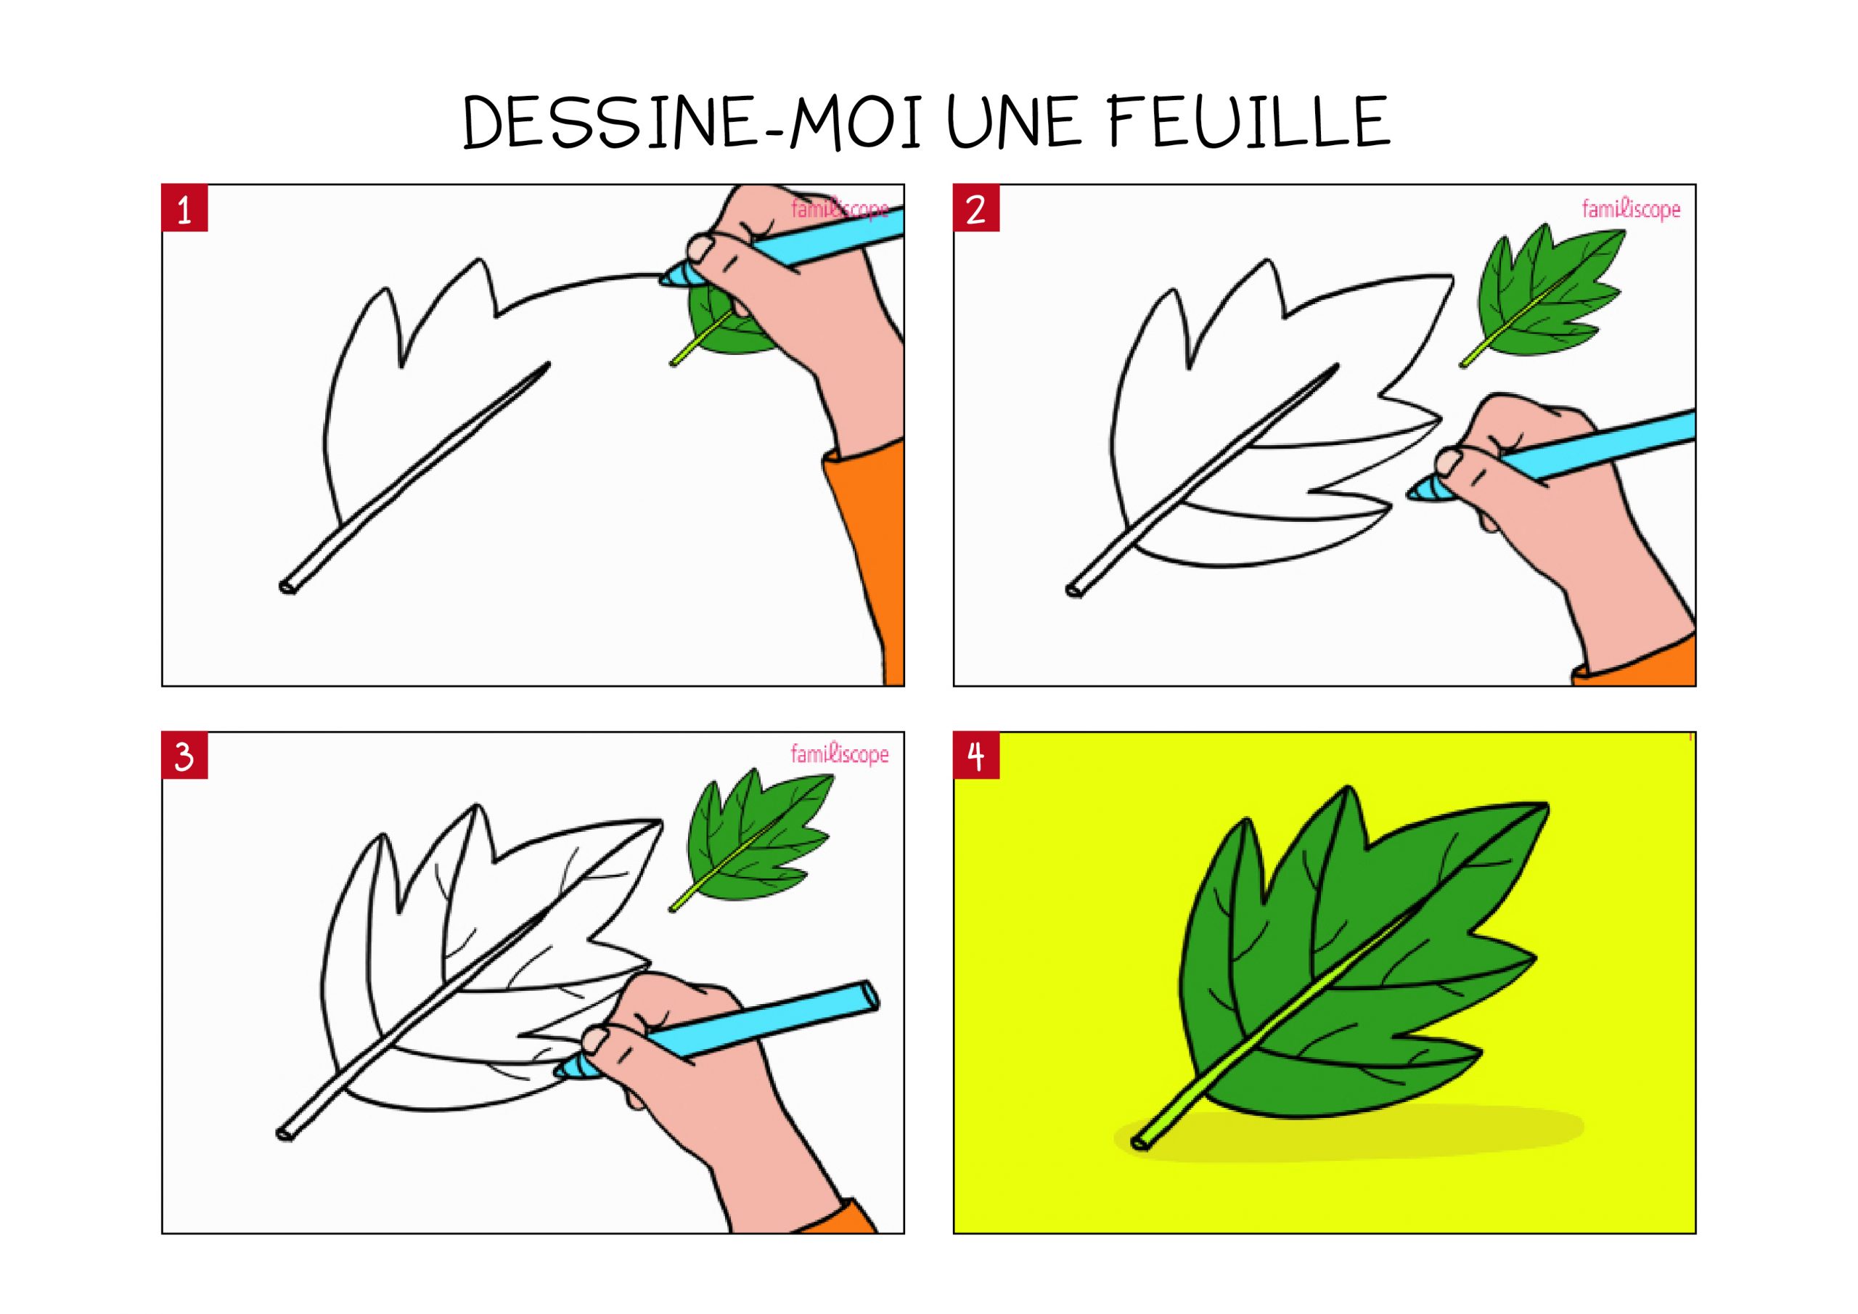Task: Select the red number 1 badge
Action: coord(185,209)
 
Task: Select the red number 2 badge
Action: coord(977,209)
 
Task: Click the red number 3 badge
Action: coord(185,756)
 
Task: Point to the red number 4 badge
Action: coord(977,756)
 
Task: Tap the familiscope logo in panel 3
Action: coord(840,754)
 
